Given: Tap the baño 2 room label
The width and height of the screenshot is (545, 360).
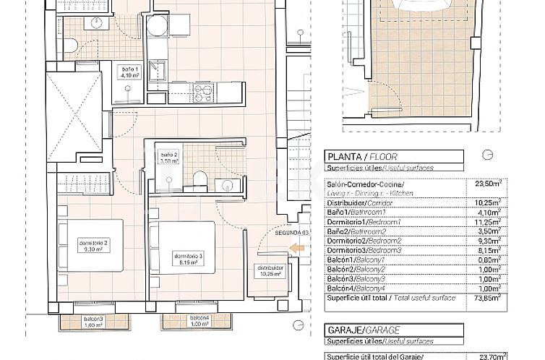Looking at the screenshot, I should click(168, 158).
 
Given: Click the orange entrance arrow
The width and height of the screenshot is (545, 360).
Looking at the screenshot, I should click(295, 249).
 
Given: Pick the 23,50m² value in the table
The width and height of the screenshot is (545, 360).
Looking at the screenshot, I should click(484, 184).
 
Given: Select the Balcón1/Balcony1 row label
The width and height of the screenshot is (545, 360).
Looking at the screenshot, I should click(354, 260).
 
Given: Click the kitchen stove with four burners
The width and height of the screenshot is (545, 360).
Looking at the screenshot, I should click(204, 92).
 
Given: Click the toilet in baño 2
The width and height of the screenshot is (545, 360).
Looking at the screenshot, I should click(199, 179).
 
